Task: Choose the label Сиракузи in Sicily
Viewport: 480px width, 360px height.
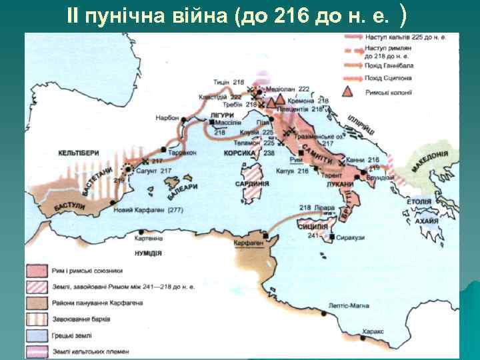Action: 350,237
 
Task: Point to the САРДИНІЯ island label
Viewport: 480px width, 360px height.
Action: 253,183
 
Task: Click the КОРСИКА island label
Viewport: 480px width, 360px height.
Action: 240,153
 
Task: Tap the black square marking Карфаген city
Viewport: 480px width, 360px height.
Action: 266,235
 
